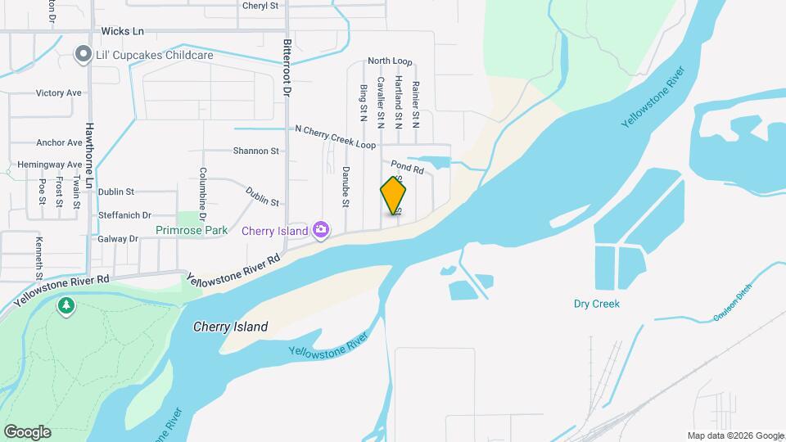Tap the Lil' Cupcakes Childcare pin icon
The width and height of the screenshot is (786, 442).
tap(83, 55)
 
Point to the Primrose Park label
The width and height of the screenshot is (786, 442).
tap(192, 231)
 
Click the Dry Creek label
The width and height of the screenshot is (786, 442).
tap(596, 304)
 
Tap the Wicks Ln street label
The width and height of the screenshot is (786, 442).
tap(122, 31)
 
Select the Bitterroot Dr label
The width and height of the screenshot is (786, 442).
tap(287, 69)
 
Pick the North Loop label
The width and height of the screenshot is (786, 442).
tap(390, 61)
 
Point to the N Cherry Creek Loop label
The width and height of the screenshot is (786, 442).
tap(335, 137)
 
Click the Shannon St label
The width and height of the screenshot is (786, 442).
tap(256, 151)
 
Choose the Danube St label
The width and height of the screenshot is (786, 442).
tap(346, 187)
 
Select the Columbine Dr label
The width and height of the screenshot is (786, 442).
tap(202, 189)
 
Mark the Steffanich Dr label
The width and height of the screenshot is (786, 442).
tap(124, 215)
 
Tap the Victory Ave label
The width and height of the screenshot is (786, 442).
tap(58, 93)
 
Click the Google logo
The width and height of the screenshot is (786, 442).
tap(27, 431)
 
